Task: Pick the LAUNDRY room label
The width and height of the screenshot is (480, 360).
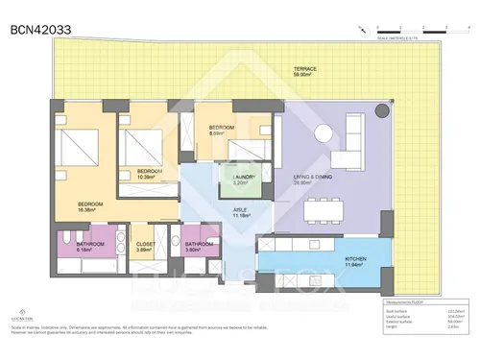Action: coord(243,177)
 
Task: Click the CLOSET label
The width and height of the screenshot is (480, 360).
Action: coord(145,246)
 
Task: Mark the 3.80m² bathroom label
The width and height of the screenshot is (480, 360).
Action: coord(199,246)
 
